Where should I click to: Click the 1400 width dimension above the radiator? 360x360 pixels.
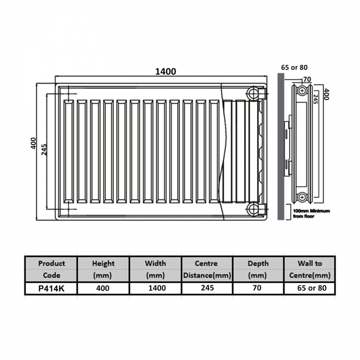[x=165, y=71]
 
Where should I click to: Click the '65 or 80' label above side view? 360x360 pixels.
[x=294, y=68]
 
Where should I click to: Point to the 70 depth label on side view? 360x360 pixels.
[x=306, y=80]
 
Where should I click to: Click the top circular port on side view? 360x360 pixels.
[x=302, y=90]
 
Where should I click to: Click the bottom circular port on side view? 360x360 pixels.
[x=302, y=198]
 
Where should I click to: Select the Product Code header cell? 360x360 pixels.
[x=51, y=269]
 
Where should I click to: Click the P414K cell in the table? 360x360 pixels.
[x=51, y=289]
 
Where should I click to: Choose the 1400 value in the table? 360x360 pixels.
[x=155, y=289]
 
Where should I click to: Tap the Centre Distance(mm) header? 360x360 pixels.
[x=207, y=269]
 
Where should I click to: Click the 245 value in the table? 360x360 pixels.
[x=207, y=289]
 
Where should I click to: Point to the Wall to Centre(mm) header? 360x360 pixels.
[x=309, y=269]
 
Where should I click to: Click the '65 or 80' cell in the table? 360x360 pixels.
[x=309, y=289]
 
